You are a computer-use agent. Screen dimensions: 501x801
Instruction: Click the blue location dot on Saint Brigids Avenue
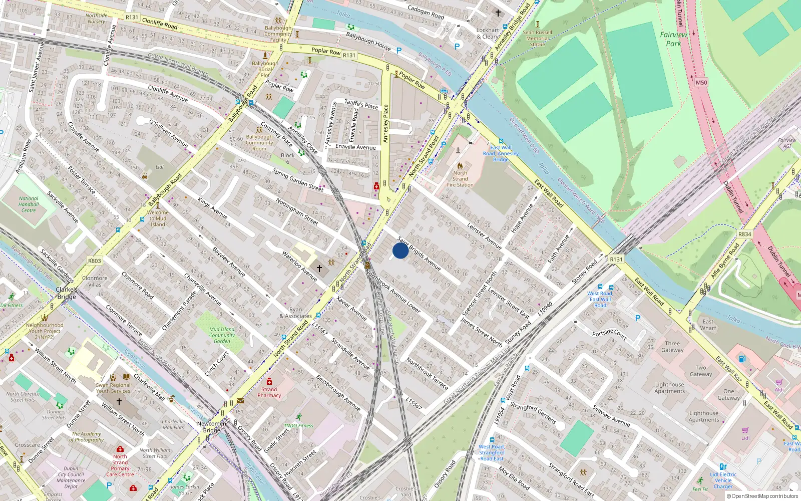tap(400, 250)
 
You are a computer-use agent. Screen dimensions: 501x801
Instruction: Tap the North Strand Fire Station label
tap(460, 179)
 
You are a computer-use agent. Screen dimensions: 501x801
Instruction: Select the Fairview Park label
tap(673, 39)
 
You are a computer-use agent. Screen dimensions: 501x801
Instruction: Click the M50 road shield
tap(701, 83)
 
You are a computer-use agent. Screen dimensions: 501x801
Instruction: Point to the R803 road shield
tap(94, 261)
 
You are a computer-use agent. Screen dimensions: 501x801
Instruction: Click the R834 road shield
tap(744, 234)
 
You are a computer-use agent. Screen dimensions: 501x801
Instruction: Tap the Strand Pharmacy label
tap(269, 392)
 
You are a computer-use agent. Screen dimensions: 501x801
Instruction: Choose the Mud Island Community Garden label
tap(222, 336)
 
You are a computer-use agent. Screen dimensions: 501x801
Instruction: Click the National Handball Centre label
tap(29, 204)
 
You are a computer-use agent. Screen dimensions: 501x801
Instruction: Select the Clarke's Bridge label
tap(67, 293)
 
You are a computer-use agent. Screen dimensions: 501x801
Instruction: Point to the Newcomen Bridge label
tap(212, 427)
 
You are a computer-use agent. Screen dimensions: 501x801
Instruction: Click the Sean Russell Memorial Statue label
tap(537, 39)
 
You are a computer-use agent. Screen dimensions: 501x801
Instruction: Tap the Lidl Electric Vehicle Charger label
tap(723, 480)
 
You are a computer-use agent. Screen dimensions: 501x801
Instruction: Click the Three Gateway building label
tap(672, 347)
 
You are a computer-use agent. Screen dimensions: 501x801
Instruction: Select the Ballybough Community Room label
tap(259, 143)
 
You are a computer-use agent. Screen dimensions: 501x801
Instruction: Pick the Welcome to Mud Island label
tap(158, 218)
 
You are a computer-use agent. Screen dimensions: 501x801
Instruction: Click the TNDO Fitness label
tap(298, 426)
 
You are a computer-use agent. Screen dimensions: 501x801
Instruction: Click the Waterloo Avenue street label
tap(299, 266)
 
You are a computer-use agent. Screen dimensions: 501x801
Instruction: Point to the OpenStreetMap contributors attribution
tap(763, 496)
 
